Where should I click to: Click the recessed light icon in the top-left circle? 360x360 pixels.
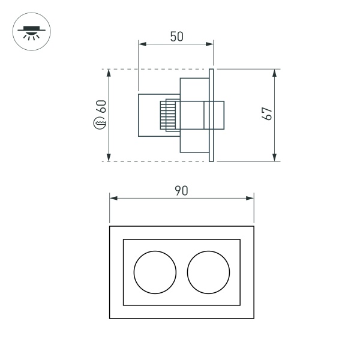pos(31,31)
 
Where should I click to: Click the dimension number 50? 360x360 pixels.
pos(176,37)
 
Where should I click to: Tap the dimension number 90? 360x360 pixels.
pos(181,191)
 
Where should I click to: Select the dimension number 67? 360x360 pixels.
pos(268,113)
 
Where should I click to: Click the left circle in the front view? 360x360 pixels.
pos(154,272)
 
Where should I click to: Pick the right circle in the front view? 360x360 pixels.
pos(208,272)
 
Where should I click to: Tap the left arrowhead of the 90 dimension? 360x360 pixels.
pos(113,197)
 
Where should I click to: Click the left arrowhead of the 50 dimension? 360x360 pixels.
pos(142,43)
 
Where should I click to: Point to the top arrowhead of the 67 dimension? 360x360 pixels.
pos(275,73)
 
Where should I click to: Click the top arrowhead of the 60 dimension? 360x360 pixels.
pos(109,73)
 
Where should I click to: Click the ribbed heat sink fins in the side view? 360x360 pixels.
pos(169,115)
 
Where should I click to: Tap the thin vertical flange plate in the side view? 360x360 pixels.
pos(212,115)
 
